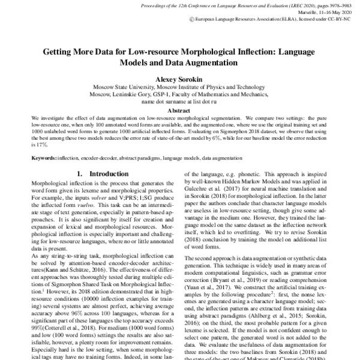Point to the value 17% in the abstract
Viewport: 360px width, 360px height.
(41, 145)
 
